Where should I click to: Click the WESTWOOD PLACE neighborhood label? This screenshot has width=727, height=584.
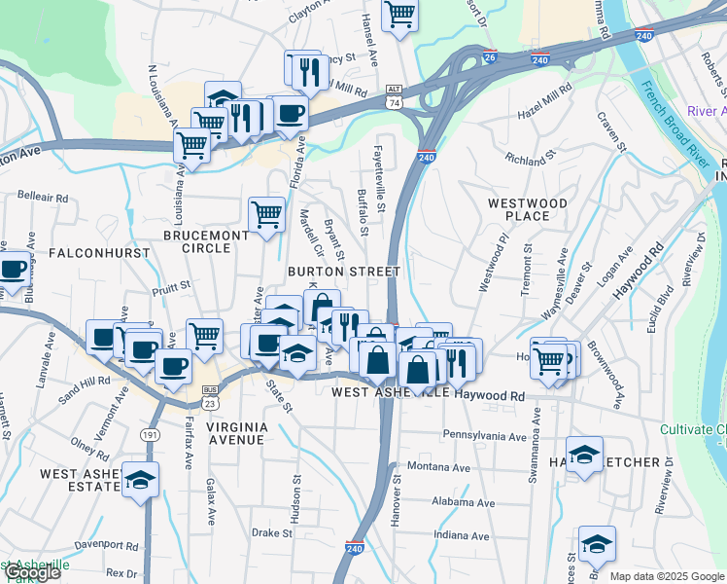coord(527,208)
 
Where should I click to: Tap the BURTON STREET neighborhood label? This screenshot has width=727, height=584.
coord(343,271)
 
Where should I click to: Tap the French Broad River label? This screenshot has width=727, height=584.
coord(674,125)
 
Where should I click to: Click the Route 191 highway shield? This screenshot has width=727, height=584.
coord(149,434)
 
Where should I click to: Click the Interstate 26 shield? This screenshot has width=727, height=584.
coord(490,58)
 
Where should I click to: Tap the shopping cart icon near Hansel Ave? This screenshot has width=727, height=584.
coord(399,14)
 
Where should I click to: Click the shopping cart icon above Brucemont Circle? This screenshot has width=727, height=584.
coord(266,213)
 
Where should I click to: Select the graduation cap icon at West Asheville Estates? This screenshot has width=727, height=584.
coord(141,479)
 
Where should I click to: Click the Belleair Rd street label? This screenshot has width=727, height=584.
coord(42,198)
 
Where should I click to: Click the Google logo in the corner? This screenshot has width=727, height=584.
coord(31,572)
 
